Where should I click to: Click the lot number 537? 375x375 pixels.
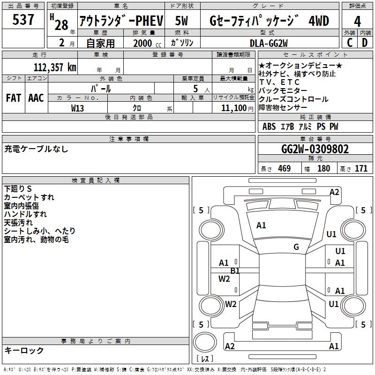pyautogui.click(x=23, y=20)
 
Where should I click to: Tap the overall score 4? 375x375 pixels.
pyautogui.click(x=357, y=21)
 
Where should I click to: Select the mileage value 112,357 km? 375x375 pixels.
pyautogui.click(x=55, y=67)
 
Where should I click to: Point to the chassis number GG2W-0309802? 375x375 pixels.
pyautogui.click(x=315, y=150)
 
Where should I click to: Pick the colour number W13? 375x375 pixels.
pyautogui.click(x=78, y=108)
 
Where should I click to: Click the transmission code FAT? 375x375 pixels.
pyautogui.click(x=13, y=97)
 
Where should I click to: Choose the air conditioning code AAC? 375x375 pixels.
pyautogui.click(x=36, y=97)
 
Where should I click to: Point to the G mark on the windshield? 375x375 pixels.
pyautogui.click(x=296, y=247)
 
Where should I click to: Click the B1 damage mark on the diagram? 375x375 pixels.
pyautogui.click(x=235, y=270)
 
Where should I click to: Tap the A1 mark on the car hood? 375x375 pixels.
pyautogui.click(x=261, y=225)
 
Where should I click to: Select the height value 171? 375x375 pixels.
pyautogui.click(x=361, y=169)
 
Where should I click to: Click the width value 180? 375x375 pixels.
pyautogui.click(x=323, y=169)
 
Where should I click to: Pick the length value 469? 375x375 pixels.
pyautogui.click(x=284, y=169)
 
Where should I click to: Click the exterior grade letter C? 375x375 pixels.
pyautogui.click(x=349, y=43)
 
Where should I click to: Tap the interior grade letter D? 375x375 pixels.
pyautogui.click(x=365, y=43)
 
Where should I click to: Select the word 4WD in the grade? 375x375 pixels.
pyautogui.click(x=319, y=21)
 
